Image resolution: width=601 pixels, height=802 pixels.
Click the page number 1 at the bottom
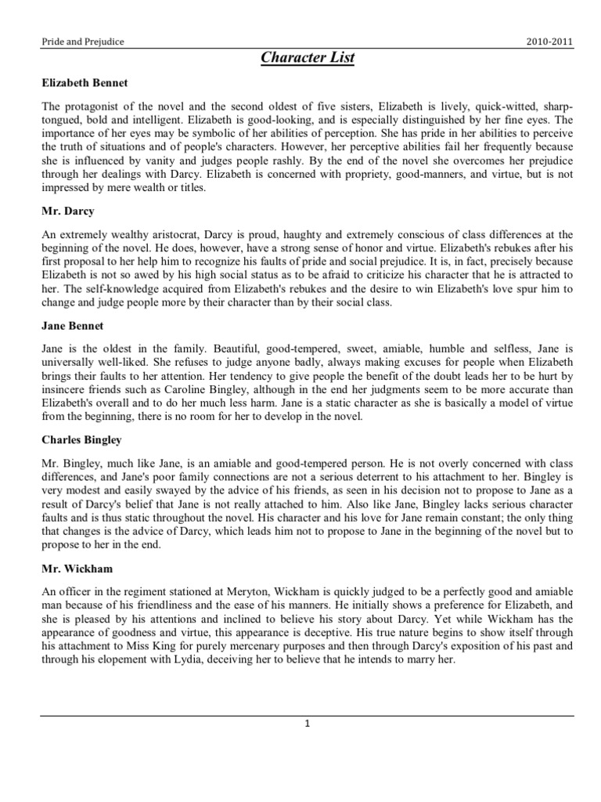coord(308,724)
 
